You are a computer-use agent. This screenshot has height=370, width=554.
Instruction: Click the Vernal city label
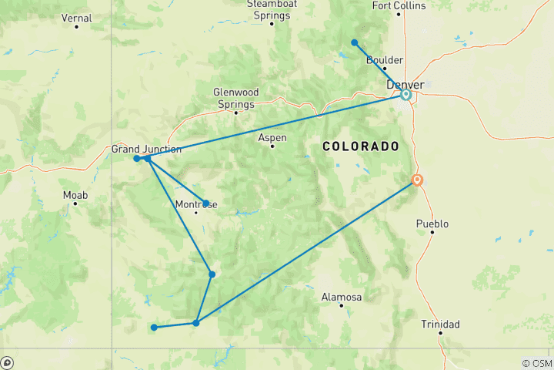coord(76,18)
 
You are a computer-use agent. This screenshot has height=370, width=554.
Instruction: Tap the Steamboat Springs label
coord(272,9)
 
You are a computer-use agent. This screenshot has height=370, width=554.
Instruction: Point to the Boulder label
coord(385,59)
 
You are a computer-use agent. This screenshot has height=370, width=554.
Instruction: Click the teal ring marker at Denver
coord(405,95)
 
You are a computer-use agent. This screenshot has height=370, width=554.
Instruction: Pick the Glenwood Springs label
coord(235,98)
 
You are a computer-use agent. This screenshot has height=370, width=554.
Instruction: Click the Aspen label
coord(272,137)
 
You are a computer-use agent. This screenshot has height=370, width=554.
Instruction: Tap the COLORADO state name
coord(361,146)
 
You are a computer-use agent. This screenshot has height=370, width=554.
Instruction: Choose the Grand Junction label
coord(146,149)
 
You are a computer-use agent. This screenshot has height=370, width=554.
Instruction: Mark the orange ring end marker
coord(417,180)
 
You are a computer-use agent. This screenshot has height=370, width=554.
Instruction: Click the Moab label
coord(75,195)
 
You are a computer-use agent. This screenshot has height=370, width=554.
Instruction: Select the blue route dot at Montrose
coord(205,203)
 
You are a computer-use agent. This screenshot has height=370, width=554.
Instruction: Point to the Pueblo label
coord(432,224)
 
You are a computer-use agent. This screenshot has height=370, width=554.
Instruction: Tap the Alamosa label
coord(342,297)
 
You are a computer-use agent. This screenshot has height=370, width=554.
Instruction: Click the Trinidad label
coord(440,325)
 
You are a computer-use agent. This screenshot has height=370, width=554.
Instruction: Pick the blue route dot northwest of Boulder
coord(354,42)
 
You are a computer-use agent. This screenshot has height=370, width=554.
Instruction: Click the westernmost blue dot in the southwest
coord(154,328)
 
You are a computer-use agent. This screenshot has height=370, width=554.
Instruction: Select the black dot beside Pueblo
coord(432,233)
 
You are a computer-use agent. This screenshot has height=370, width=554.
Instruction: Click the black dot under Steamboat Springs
coord(272,23)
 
